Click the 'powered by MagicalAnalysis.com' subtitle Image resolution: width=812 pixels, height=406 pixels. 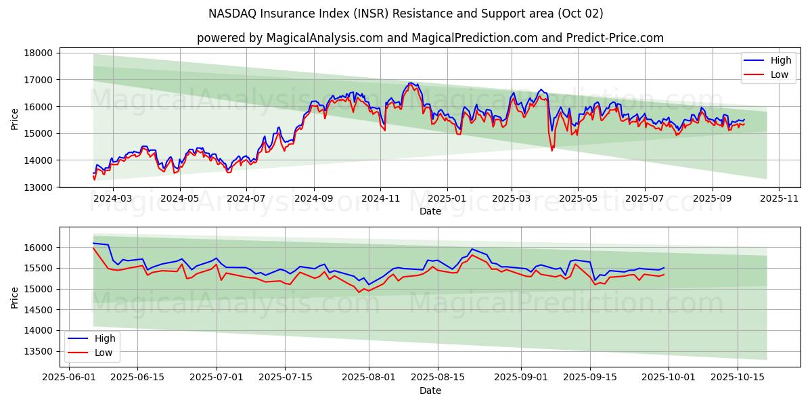coord(430,38)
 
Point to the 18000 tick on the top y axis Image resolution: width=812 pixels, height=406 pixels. coord(39,53)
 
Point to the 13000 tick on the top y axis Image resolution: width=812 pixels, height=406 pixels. coord(39,187)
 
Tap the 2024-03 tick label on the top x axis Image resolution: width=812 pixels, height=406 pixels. coord(112,199)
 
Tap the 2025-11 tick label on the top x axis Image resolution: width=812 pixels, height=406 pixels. coord(779,199)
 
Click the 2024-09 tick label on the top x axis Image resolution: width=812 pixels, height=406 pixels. coord(314,199)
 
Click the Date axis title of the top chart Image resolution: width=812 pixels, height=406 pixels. coord(430,211)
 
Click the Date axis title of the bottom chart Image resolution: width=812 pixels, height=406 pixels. coord(430,390)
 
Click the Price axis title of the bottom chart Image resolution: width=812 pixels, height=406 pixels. coord(15,297)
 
